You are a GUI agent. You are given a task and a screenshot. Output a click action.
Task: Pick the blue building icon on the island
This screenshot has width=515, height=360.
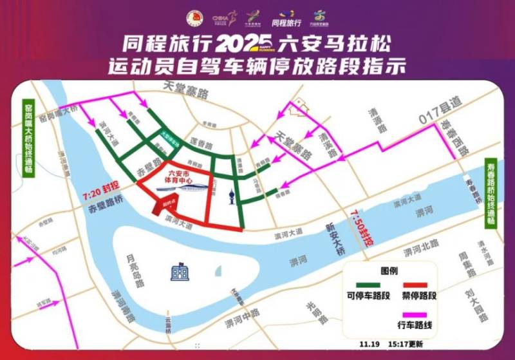(180, 271)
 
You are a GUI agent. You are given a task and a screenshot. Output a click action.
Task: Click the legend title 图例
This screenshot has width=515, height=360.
(390, 270)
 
